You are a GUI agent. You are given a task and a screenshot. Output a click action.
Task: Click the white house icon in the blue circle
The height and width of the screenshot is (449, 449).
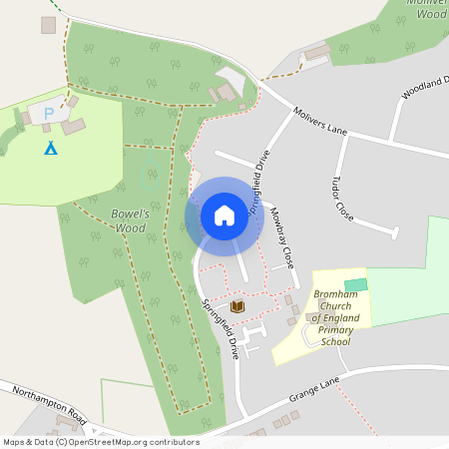click(x=224, y=216)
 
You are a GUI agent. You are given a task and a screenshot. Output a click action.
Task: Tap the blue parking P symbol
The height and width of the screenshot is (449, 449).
click(x=48, y=115)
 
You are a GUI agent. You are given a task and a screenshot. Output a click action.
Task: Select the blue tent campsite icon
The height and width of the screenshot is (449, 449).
click(x=50, y=148)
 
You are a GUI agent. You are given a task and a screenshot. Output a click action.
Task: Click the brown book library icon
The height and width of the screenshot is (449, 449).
click(x=237, y=306)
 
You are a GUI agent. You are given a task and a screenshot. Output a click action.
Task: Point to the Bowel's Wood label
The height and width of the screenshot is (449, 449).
click(x=129, y=221)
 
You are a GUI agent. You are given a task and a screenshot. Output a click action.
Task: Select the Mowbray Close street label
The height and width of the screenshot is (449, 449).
click(x=282, y=235)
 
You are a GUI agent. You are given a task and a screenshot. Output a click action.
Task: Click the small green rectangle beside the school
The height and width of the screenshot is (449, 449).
click(x=355, y=285)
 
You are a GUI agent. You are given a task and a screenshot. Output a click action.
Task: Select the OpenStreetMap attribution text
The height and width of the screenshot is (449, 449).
click(x=100, y=442)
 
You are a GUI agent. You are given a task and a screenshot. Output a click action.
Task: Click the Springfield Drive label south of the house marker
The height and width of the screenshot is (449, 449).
click(x=221, y=329)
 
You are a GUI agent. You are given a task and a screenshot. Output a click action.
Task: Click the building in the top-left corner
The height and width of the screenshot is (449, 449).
click(x=48, y=24)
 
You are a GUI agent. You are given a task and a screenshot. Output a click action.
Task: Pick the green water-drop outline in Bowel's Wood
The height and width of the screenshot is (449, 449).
click(x=148, y=170)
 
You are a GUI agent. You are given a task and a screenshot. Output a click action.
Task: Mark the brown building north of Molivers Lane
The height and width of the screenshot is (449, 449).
click(x=317, y=52)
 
